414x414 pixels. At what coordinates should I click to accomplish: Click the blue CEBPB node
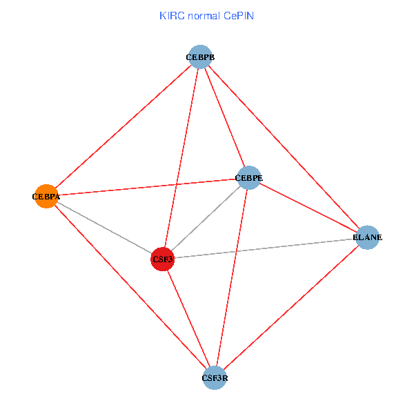[x=199, y=57]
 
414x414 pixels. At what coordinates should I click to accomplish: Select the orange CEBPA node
[x=46, y=197]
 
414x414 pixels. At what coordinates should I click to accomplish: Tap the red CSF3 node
[x=162, y=259]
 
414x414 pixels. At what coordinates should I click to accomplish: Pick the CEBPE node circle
[x=248, y=178]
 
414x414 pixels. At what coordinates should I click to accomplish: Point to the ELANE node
[x=367, y=237]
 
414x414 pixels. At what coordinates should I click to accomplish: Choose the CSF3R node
[x=215, y=378]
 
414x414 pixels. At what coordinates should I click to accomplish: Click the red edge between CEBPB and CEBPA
[x=122, y=127]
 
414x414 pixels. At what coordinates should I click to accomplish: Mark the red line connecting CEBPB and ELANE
[x=283, y=147]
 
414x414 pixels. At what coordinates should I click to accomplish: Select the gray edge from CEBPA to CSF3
[x=103, y=228]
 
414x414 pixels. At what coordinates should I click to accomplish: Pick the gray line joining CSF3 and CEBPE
[x=205, y=219]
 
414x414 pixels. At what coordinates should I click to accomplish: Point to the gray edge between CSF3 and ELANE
[x=264, y=248]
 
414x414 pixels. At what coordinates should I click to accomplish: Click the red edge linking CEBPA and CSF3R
[x=130, y=287]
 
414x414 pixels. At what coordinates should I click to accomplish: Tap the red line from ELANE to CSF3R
[x=290, y=308]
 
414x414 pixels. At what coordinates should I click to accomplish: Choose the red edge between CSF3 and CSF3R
[x=188, y=319]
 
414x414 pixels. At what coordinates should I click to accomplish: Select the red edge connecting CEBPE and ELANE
[x=308, y=208]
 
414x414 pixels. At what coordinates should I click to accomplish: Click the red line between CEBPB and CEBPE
[x=224, y=117]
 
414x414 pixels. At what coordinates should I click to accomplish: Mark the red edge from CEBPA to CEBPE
[x=147, y=187]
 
